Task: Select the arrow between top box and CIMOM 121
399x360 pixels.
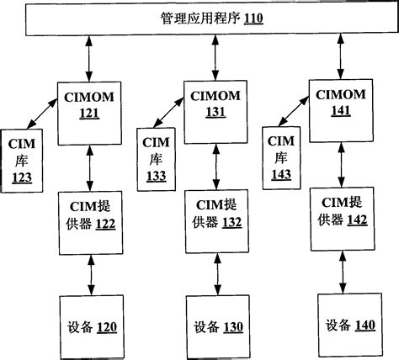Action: [x=88, y=59]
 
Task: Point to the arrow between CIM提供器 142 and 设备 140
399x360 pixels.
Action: [x=343, y=273]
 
